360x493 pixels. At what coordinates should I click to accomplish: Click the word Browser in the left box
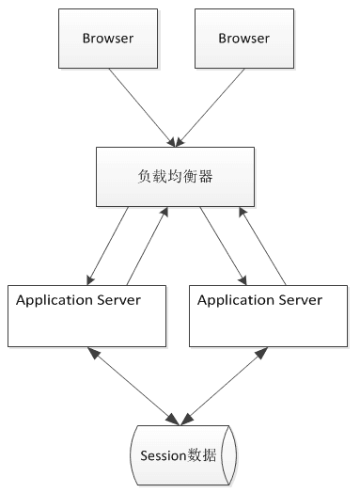[107, 39]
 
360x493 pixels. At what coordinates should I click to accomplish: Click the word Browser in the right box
[243, 39]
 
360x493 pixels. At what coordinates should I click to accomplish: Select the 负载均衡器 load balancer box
[176, 176]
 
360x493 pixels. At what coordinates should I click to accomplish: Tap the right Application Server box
[270, 320]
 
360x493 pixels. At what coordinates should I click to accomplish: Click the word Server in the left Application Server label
[119, 300]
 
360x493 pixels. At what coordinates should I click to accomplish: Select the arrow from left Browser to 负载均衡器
[141, 106]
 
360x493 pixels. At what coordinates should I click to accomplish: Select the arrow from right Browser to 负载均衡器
[210, 106]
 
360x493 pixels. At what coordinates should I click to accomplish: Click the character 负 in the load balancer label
[145, 175]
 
